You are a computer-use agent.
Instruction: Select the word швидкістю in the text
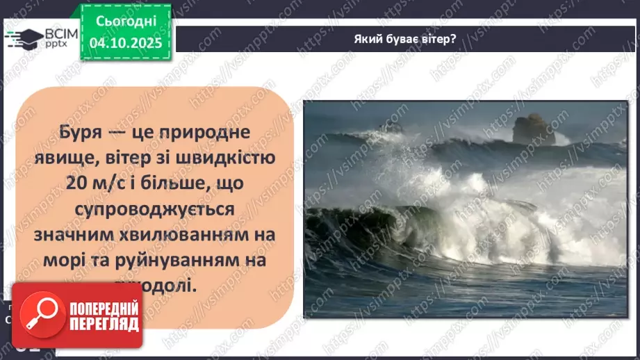point(226,158)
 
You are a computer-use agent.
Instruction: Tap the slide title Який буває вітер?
point(404,38)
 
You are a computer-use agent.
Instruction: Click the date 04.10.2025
point(124,42)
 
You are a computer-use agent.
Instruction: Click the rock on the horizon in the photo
point(533,130)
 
